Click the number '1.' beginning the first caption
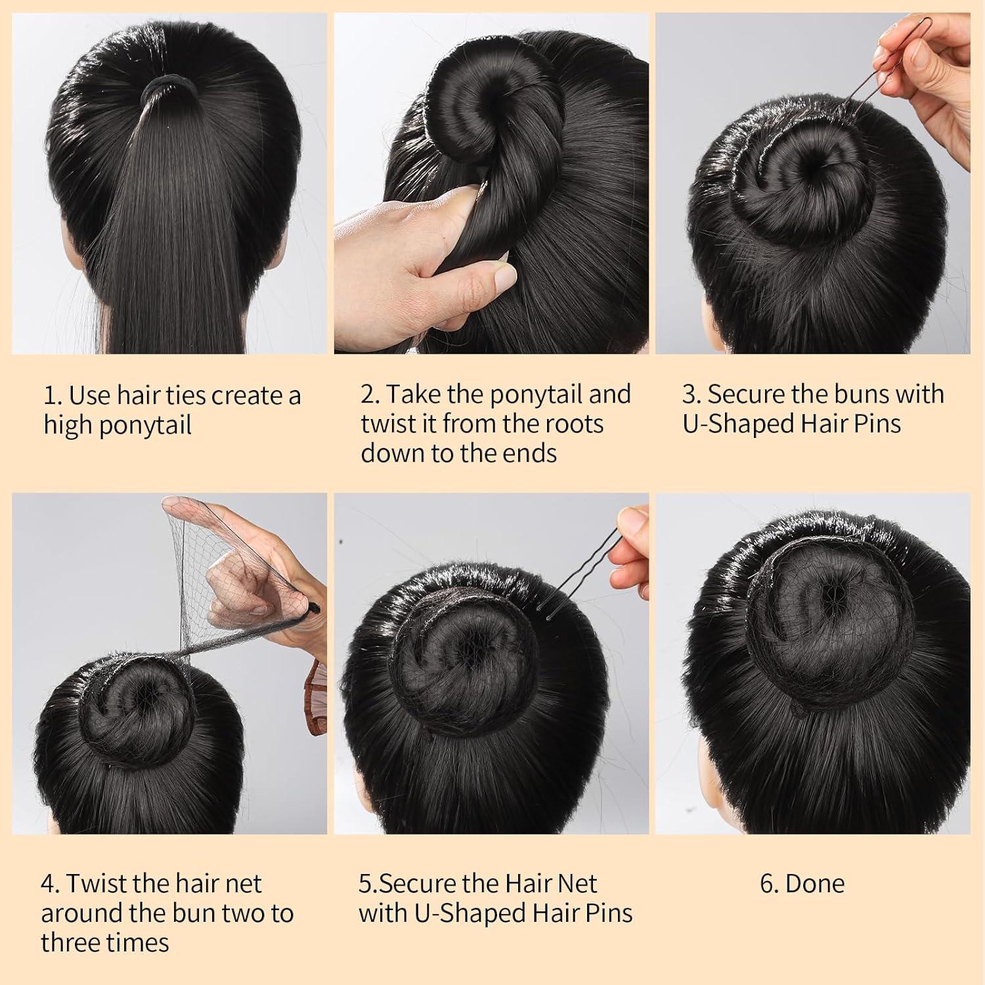tap(53, 396)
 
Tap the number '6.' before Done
tap(769, 884)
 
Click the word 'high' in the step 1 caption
tap(68, 425)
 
